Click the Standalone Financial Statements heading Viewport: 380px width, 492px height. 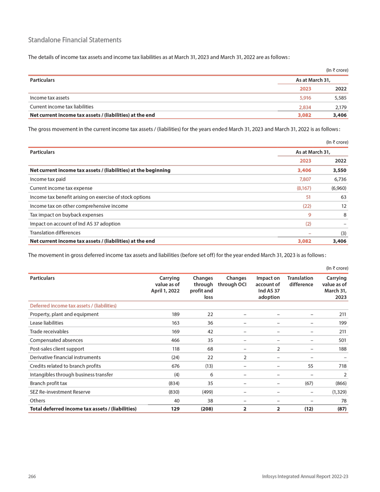pyautogui.click(x=75, y=40)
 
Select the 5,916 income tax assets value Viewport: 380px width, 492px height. pyautogui.click(x=305, y=98)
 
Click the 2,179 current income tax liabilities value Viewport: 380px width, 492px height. pyautogui.click(x=340, y=107)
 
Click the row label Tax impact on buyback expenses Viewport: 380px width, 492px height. pyautogui.click(x=66, y=215)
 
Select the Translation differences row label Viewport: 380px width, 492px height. pyautogui.click(x=55, y=233)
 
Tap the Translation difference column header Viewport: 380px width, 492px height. pyautogui.click(x=300, y=281)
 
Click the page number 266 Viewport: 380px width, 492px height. pyautogui.click(x=32, y=476)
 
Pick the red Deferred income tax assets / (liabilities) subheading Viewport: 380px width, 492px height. pyautogui.click(x=73, y=305)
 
